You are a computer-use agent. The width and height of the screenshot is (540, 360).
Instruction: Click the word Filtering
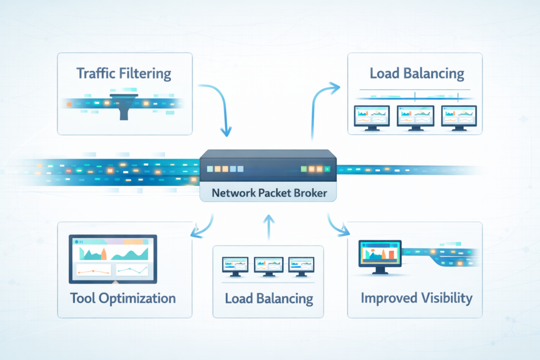146,74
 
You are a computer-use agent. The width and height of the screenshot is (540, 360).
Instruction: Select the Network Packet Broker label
269,193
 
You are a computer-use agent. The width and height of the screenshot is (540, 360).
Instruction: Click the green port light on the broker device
304,169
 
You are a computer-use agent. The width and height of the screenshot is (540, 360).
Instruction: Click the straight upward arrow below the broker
269,227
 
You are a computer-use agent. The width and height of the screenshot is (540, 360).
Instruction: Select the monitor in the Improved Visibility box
379,256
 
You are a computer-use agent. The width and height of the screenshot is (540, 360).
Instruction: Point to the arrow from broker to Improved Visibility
337,225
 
